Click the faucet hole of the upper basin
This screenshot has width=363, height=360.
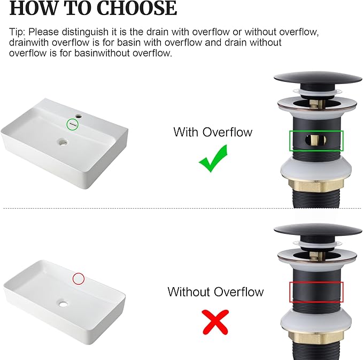click(79, 115)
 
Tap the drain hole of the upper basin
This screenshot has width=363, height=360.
click(63, 142)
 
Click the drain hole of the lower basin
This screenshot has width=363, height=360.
click(63, 303)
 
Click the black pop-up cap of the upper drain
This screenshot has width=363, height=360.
click(318, 78)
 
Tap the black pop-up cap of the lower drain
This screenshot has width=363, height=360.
click(318, 231)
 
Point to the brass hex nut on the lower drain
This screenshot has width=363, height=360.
click(316, 338)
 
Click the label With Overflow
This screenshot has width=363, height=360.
click(213, 132)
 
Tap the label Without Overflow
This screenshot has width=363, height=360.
click(215, 292)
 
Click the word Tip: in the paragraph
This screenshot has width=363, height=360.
click(17, 32)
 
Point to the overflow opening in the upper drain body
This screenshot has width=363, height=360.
click(315, 140)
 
